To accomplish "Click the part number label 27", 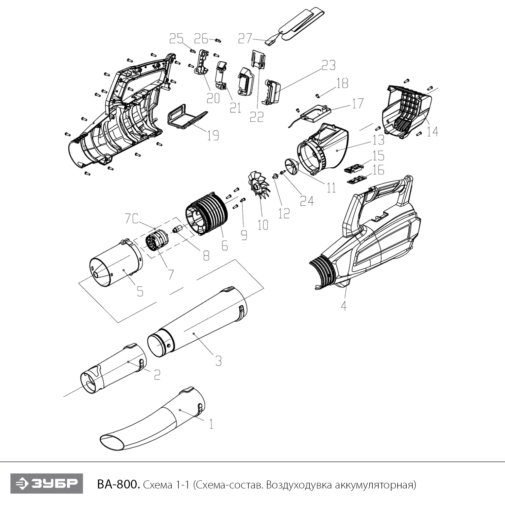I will coord(245,38).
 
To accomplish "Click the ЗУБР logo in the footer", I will coord(46,484).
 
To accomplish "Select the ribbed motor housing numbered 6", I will coord(207,214).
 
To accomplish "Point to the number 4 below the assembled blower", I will coord(343,306).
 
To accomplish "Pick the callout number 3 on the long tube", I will coord(218,361).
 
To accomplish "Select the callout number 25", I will coord(176,39).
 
